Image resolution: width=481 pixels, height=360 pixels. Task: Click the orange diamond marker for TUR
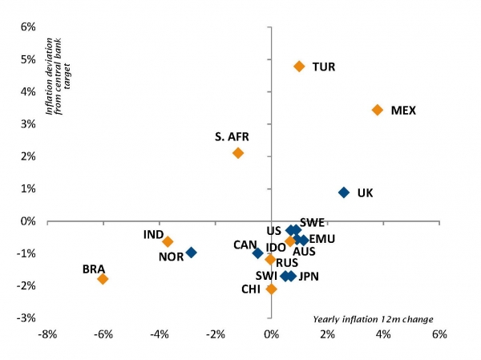click(x=299, y=67)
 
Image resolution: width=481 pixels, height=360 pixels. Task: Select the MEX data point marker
click(x=378, y=110)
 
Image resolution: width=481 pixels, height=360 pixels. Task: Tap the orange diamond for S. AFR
click(x=238, y=152)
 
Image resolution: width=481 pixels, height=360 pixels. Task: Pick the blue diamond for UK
click(x=344, y=192)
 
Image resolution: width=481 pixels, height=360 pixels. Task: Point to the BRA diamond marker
click(x=103, y=279)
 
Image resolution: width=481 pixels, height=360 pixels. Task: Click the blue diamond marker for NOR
click(x=191, y=253)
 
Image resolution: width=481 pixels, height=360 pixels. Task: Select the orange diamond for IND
click(x=168, y=241)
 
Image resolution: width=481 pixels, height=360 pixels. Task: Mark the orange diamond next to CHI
click(x=271, y=289)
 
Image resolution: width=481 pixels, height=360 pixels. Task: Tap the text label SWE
click(x=312, y=222)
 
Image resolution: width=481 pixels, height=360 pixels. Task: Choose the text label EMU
click(x=321, y=239)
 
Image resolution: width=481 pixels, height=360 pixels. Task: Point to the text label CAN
click(x=245, y=245)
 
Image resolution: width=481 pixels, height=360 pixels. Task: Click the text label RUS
click(x=287, y=262)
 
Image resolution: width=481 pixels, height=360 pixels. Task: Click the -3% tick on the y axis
click(x=26, y=318)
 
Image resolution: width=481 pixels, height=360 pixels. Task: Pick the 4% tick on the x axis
click(x=383, y=334)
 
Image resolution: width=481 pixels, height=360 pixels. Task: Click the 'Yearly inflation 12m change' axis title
click(x=373, y=320)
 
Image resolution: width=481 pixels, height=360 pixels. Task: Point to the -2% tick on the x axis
click(x=215, y=334)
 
